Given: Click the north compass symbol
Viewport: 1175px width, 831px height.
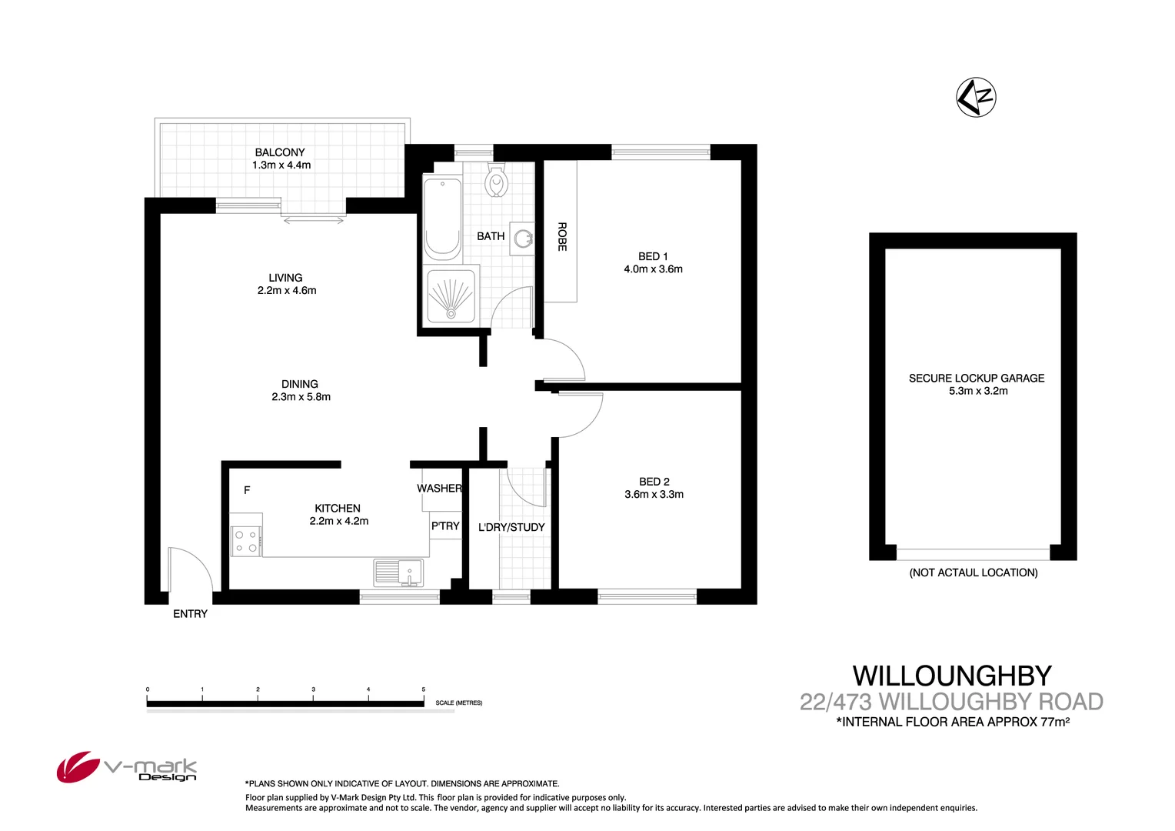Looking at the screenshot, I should point(976,98).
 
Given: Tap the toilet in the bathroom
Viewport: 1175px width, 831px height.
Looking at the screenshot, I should point(497,182).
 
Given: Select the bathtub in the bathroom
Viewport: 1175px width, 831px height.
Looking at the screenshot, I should point(442,218).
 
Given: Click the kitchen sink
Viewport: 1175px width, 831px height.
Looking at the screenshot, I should point(398,573).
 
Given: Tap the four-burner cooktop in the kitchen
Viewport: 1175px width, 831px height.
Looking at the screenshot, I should point(246,541).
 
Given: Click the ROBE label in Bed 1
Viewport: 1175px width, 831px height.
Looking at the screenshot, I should point(562,236).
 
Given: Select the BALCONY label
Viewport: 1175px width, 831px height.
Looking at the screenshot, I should point(280,152).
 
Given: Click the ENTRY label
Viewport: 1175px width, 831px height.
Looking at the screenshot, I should point(190,613).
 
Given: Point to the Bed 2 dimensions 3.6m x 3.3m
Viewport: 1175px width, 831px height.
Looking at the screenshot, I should point(654,495).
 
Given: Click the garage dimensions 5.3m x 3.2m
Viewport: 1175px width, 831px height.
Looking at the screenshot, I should point(977,391).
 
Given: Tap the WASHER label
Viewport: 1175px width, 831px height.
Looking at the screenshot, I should point(439,489).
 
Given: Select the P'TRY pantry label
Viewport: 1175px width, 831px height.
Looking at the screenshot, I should point(445,526).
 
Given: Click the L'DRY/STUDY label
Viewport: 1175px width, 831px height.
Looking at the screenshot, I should point(511,527).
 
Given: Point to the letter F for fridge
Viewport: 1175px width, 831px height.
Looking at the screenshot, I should point(247,490).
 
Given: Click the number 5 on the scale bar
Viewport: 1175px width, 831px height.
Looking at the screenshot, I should point(424,689).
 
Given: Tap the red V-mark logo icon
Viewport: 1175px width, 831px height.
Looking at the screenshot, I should point(77,767).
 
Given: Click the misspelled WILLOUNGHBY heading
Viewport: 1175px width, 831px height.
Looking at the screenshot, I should point(952,676).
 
